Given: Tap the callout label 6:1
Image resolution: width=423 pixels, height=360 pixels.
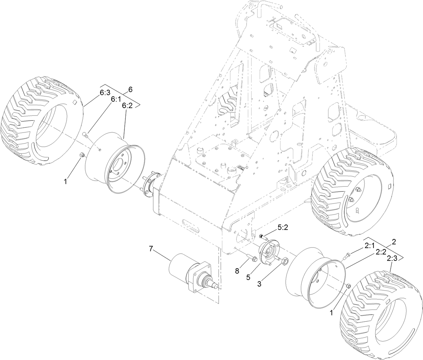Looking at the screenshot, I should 116,99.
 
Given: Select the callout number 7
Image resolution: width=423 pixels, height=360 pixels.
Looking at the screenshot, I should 151,249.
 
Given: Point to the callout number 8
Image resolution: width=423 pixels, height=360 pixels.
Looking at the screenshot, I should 237,271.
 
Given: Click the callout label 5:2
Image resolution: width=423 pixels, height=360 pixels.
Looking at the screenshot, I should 283,228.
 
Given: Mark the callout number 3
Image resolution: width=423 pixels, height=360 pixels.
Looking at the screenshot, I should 259,283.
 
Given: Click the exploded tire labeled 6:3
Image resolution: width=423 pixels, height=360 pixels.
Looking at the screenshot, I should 42,121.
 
